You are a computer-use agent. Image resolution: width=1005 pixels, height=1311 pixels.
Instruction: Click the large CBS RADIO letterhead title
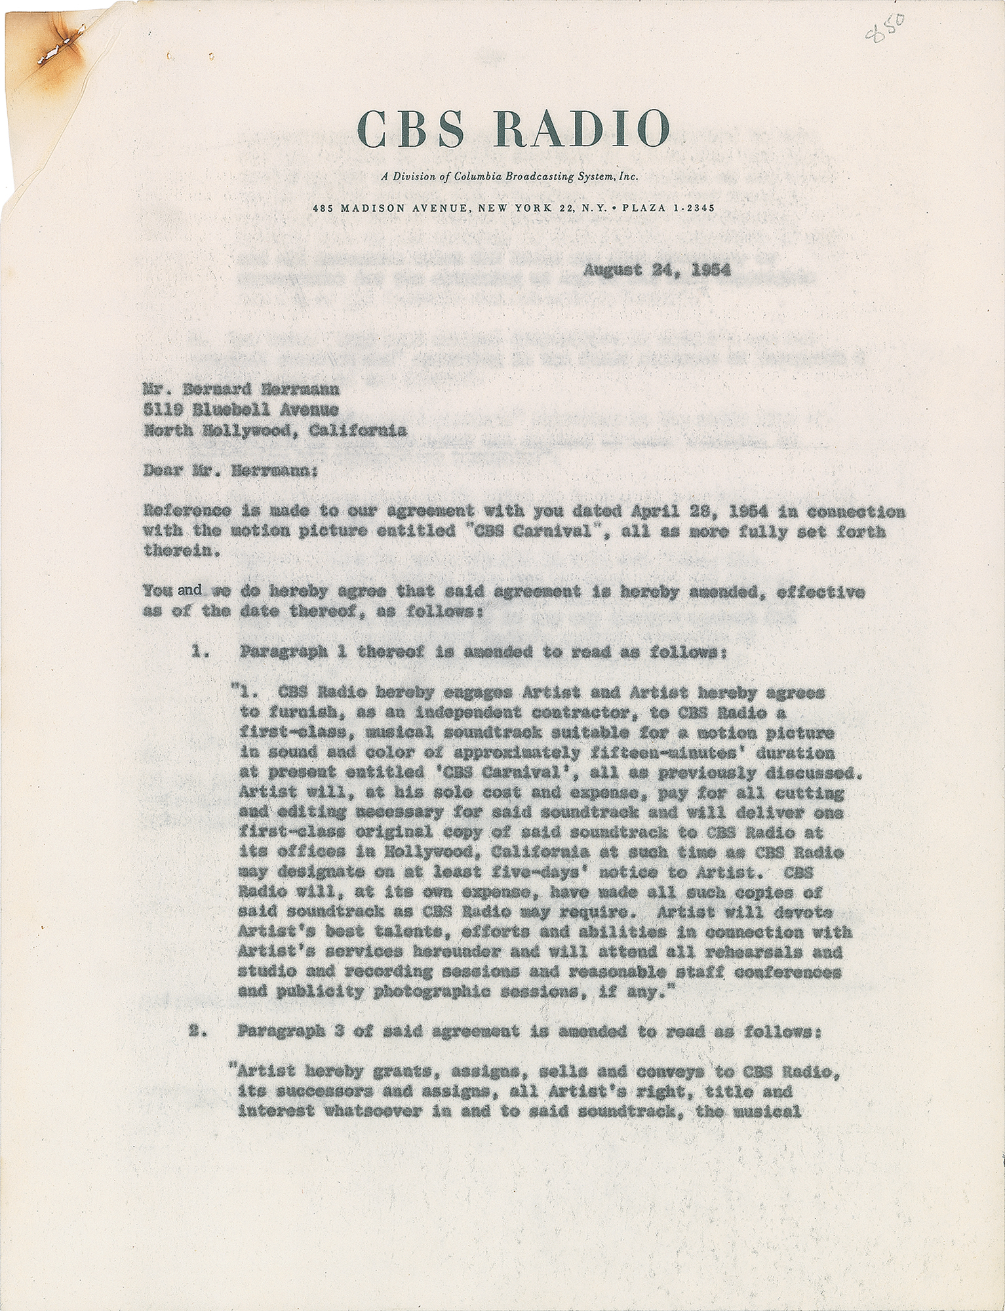[515, 129]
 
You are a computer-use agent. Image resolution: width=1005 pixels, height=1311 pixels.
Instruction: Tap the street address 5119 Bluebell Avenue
[241, 410]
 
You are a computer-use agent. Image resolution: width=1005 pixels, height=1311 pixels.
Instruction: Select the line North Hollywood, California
[274, 431]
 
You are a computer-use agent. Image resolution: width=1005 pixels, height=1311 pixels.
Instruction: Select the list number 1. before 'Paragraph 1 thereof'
[201, 652]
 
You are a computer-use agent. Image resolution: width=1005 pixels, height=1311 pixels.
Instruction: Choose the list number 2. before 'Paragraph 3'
[197, 1030]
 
